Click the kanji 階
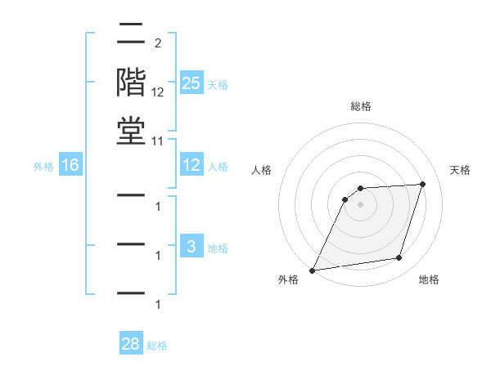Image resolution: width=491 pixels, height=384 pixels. coord(131,83)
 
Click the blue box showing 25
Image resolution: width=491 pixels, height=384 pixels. coord(191,83)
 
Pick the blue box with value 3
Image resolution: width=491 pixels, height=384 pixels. coord(191,248)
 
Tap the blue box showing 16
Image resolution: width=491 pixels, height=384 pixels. coord(70,166)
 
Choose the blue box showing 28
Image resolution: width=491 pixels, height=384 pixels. coord(131,345)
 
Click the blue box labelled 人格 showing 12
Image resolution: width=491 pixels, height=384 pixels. coord(191,166)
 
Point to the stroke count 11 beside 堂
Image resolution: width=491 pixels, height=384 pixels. coord(157,141)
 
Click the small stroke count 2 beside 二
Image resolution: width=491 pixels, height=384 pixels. coord(157,42)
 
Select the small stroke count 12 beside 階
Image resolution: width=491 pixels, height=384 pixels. coord(158,92)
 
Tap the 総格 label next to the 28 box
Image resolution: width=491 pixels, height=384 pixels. coord(157,346)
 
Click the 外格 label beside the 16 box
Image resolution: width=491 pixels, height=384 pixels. coord(43,167)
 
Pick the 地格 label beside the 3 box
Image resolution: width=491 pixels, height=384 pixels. coord(218,248)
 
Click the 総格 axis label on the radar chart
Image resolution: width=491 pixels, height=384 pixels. coord(361,106)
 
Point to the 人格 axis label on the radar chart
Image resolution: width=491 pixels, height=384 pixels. coord(262,170)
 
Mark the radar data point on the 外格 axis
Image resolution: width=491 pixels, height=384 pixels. coord(312,270)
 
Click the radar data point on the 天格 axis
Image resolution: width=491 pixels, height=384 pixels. coord(423,184)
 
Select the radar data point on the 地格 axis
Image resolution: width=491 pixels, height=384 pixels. coord(399,258)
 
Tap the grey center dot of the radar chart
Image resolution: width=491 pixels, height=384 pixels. coord(361,204)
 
